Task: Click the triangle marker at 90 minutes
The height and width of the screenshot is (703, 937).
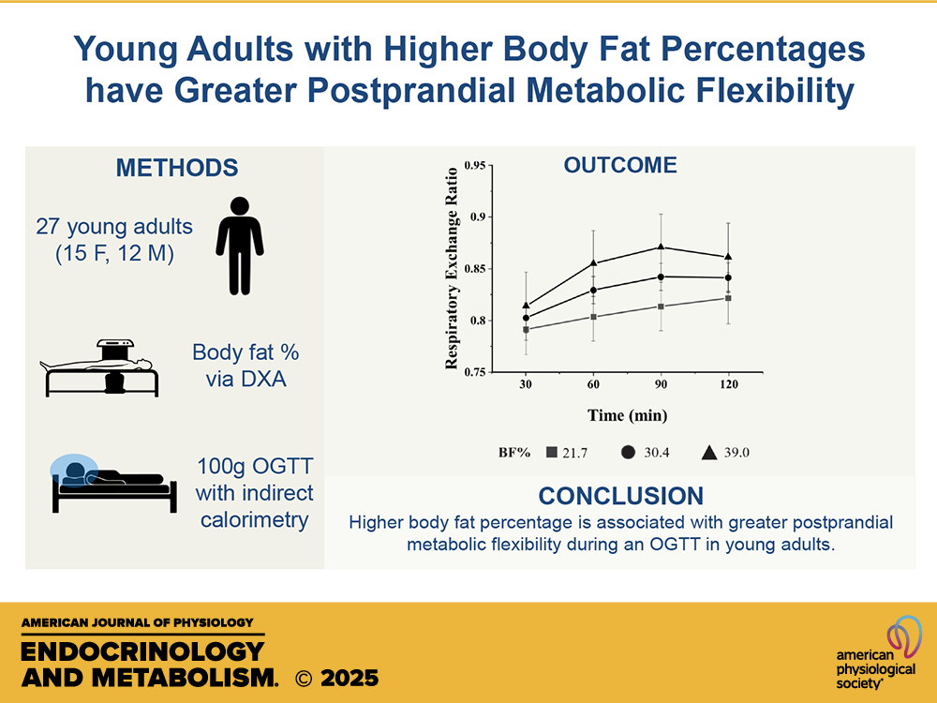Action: click(x=661, y=247)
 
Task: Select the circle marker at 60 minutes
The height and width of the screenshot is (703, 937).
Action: click(x=593, y=290)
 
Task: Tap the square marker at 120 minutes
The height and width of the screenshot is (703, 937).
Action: click(x=728, y=298)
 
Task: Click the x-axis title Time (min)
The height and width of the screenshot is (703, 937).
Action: click(x=627, y=414)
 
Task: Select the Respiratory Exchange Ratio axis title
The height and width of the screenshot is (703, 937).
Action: click(x=452, y=268)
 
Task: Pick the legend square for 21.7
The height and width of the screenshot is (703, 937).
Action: click(x=551, y=453)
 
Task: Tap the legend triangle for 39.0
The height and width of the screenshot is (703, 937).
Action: click(x=709, y=453)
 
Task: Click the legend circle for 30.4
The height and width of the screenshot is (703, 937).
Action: click(x=630, y=453)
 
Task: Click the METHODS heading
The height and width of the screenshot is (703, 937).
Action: click(x=177, y=169)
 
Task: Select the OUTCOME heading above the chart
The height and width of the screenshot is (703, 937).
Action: click(x=619, y=166)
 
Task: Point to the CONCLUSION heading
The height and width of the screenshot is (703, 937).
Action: click(x=620, y=496)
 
